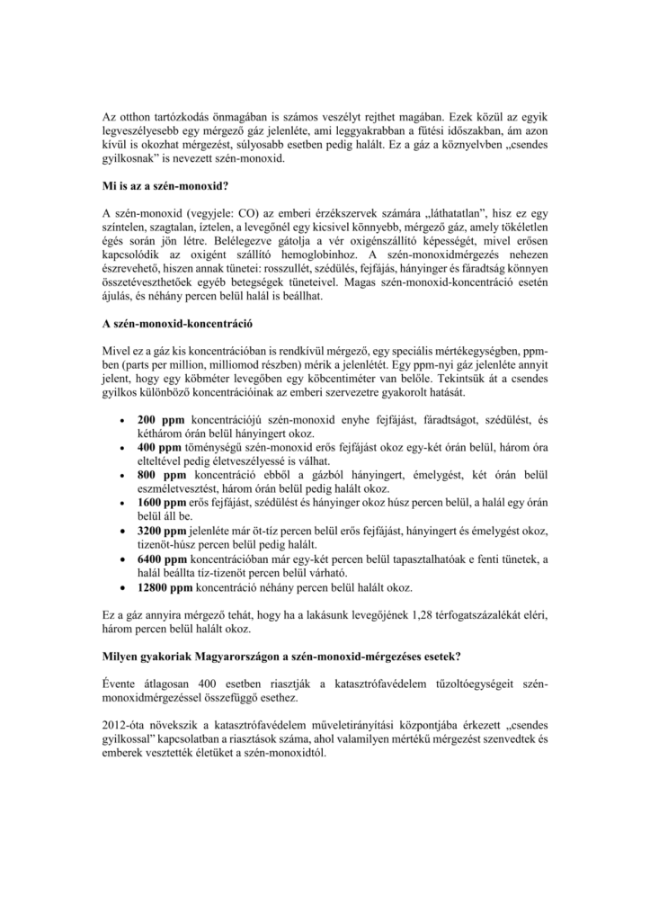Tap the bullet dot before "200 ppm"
[x=120, y=421]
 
